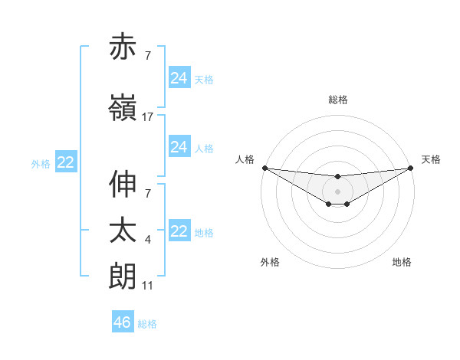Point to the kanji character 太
tap(123, 231)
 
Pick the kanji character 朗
tap(123, 276)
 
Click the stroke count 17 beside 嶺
tap(148, 116)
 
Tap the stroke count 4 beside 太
tap(148, 240)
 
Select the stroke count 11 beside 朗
tap(148, 285)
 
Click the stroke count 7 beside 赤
tap(148, 56)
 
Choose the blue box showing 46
tap(122, 322)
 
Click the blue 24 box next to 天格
tap(179, 77)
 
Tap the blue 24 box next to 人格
tap(179, 147)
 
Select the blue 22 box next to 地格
tap(179, 231)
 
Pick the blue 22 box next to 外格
tap(66, 162)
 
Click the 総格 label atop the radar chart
tap(338, 100)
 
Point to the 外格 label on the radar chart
tap(270, 262)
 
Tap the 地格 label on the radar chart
tap(402, 262)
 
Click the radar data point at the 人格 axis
tap(264, 168)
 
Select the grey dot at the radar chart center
tap(337, 191)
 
